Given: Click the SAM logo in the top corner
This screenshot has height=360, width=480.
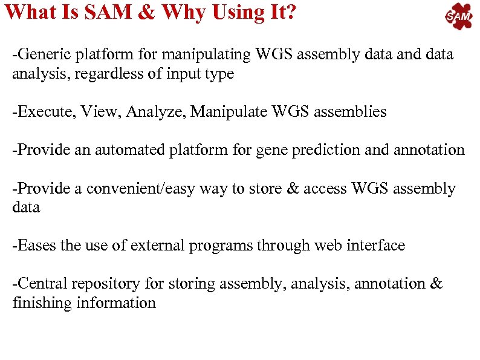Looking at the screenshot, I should [459, 17].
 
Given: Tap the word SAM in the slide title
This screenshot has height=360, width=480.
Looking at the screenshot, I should [105, 11].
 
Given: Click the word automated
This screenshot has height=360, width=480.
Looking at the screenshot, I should [120, 150].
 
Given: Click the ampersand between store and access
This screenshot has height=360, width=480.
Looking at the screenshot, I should [292, 189].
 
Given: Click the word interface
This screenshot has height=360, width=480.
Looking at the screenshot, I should [376, 246].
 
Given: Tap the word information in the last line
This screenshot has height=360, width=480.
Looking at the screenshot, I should [116, 303].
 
